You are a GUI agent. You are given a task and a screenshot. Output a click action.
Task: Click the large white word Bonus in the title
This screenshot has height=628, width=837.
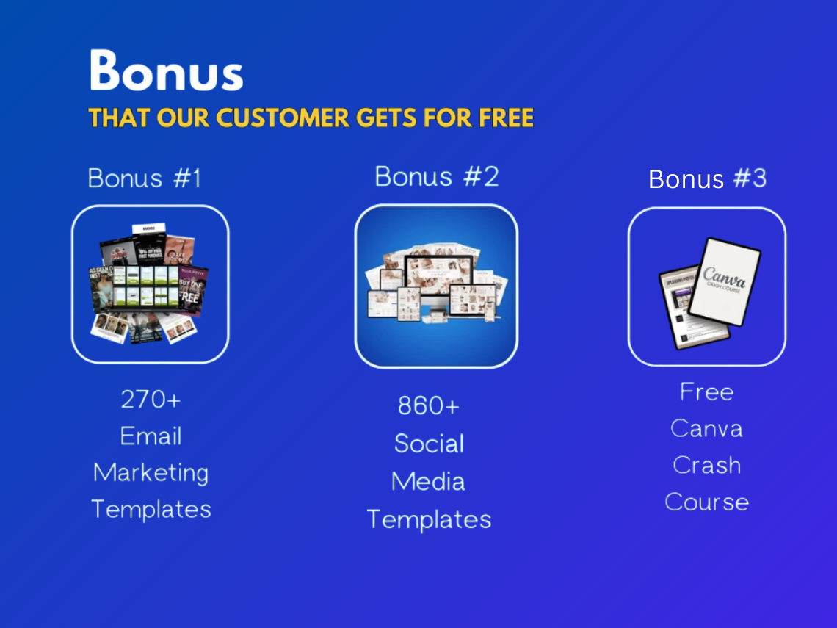[166, 71]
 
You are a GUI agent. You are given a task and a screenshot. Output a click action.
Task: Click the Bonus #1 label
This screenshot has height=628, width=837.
[145, 178]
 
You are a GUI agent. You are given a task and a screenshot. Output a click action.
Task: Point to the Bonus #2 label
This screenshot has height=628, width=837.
[437, 176]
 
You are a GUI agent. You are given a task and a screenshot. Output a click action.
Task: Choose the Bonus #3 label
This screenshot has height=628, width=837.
[707, 179]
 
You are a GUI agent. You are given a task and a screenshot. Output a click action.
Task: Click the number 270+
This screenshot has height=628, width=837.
[151, 400]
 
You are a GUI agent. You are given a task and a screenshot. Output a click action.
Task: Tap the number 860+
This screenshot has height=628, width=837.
[428, 405]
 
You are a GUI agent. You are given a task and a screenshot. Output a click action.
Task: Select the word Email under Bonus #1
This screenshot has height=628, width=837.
[151, 436]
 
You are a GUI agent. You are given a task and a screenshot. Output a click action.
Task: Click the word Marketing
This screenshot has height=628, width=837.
[151, 473]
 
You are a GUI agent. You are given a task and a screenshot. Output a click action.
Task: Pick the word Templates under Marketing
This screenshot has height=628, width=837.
[151, 509]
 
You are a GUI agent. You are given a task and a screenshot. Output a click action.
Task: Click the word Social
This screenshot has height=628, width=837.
[429, 444]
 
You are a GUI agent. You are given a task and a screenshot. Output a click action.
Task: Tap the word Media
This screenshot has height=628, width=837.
[428, 482]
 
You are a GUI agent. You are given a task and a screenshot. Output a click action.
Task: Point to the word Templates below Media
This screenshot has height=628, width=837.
[429, 520]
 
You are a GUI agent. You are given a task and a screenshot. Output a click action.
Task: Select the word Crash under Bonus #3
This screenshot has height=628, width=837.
[706, 466]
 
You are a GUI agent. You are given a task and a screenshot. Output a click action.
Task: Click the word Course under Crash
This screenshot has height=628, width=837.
[706, 502]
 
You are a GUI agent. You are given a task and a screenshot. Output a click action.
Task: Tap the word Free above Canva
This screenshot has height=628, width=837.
[706, 392]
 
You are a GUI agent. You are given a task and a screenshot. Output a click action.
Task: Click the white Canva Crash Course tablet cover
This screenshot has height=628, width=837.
[725, 281]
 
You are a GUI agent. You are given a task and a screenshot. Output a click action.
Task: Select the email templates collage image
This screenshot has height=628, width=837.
[150, 284]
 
